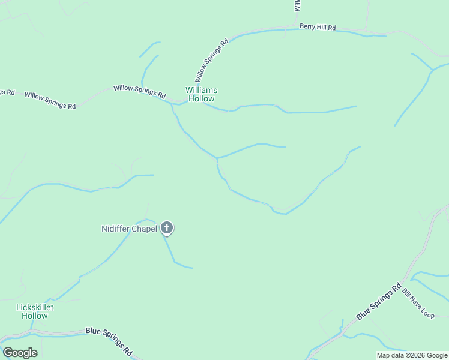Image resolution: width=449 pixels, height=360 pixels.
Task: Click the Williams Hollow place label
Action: (201, 94)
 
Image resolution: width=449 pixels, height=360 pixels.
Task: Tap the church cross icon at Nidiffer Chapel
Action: (167, 228)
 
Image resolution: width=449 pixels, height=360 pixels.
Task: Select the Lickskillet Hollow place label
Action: (34, 311)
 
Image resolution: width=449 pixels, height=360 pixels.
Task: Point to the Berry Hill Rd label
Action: (317, 28)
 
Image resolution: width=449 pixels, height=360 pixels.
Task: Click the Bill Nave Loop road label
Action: (418, 304)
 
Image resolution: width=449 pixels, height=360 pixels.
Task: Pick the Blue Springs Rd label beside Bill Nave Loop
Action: (378, 302)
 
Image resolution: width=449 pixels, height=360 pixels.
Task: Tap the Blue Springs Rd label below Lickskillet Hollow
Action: (109, 340)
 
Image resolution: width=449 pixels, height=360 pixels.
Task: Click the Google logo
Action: (20, 353)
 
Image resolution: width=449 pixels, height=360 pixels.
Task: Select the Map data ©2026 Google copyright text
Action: (412, 355)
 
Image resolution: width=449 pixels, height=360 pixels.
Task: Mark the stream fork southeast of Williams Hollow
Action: (217, 158)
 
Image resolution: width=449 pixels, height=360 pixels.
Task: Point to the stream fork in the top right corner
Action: (432, 70)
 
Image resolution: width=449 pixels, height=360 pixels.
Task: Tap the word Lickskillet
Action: (34, 307)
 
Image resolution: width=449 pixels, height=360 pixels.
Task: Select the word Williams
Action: (201, 90)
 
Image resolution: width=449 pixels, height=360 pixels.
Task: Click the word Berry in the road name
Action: (307, 27)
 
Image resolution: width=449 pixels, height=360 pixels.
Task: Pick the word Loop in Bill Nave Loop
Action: (427, 313)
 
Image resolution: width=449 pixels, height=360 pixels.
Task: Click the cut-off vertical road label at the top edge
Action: (297, 5)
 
